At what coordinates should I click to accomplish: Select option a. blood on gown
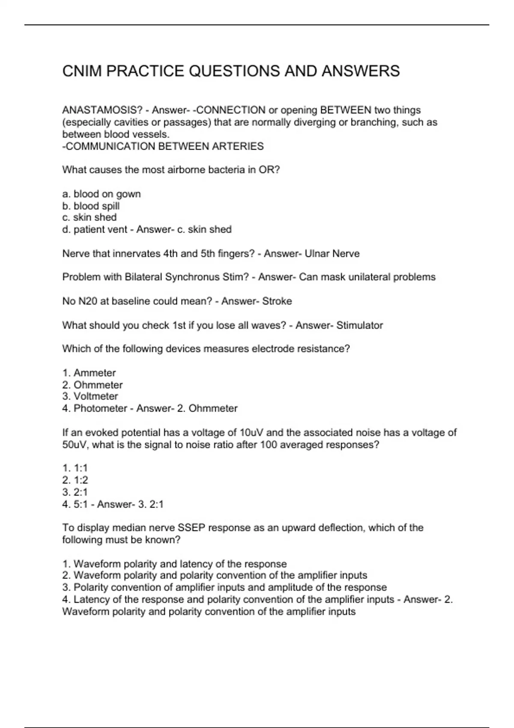tap(102, 194)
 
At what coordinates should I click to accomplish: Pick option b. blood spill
tap(91, 206)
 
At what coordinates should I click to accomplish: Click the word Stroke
tap(277, 301)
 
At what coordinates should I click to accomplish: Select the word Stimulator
tap(360, 325)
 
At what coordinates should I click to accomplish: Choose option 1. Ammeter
tap(89, 373)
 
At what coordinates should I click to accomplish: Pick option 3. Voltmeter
tap(90, 396)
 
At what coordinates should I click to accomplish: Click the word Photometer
tap(100, 408)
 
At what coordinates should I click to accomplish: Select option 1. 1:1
tap(75, 468)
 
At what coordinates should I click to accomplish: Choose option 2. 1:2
tap(75, 480)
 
